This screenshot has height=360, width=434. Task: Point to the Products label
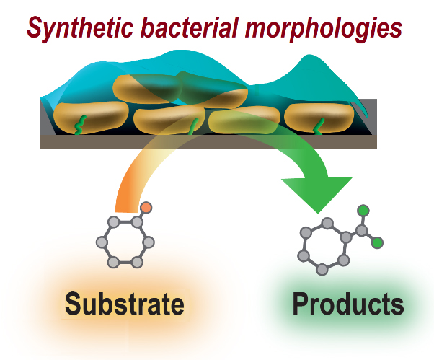click(347, 304)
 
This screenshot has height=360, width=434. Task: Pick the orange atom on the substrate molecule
click(146, 207)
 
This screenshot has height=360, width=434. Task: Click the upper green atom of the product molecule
click(363, 211)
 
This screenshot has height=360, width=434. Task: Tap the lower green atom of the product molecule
click(376, 243)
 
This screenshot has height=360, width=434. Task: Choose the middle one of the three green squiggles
click(192, 127)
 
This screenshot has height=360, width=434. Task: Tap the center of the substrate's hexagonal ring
click(127, 240)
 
